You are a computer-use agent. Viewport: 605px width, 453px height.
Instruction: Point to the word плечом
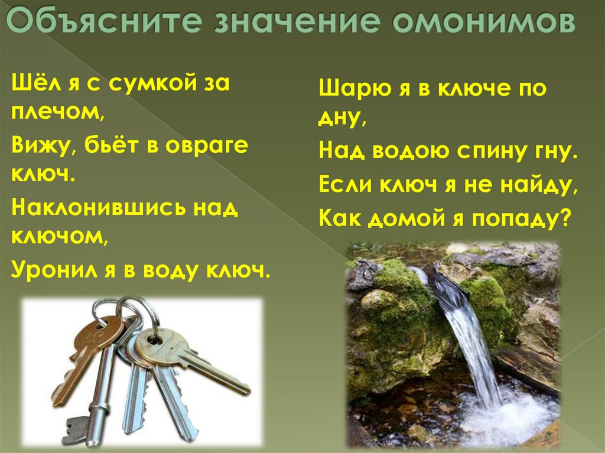[x=56, y=115]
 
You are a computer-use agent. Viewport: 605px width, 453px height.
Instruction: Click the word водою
[x=411, y=151]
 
